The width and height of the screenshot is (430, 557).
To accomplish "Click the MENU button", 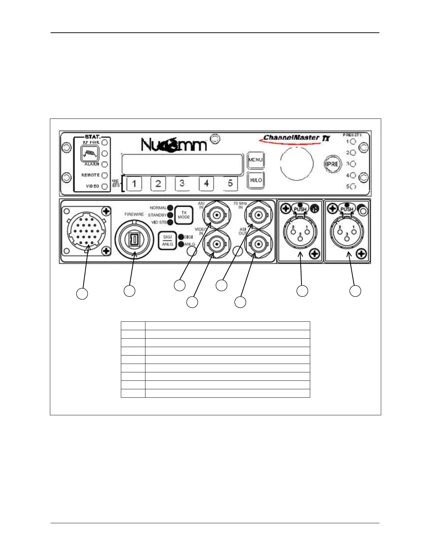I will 255,160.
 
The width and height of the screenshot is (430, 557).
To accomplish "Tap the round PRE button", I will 332,164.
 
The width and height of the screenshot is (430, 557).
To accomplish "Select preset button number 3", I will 182,184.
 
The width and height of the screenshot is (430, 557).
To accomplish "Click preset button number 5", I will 230,184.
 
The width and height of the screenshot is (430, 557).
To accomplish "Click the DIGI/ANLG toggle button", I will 168,241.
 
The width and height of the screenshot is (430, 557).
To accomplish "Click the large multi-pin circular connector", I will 85,231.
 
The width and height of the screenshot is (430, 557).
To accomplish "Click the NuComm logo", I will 174,144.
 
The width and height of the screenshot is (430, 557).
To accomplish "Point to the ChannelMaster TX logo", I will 295,139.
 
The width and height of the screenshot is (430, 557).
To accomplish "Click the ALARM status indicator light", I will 105,164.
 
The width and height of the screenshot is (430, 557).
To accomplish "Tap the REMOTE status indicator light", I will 105,175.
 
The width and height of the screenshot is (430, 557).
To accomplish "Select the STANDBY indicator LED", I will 170,215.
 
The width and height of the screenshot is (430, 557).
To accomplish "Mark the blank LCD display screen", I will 182,164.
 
